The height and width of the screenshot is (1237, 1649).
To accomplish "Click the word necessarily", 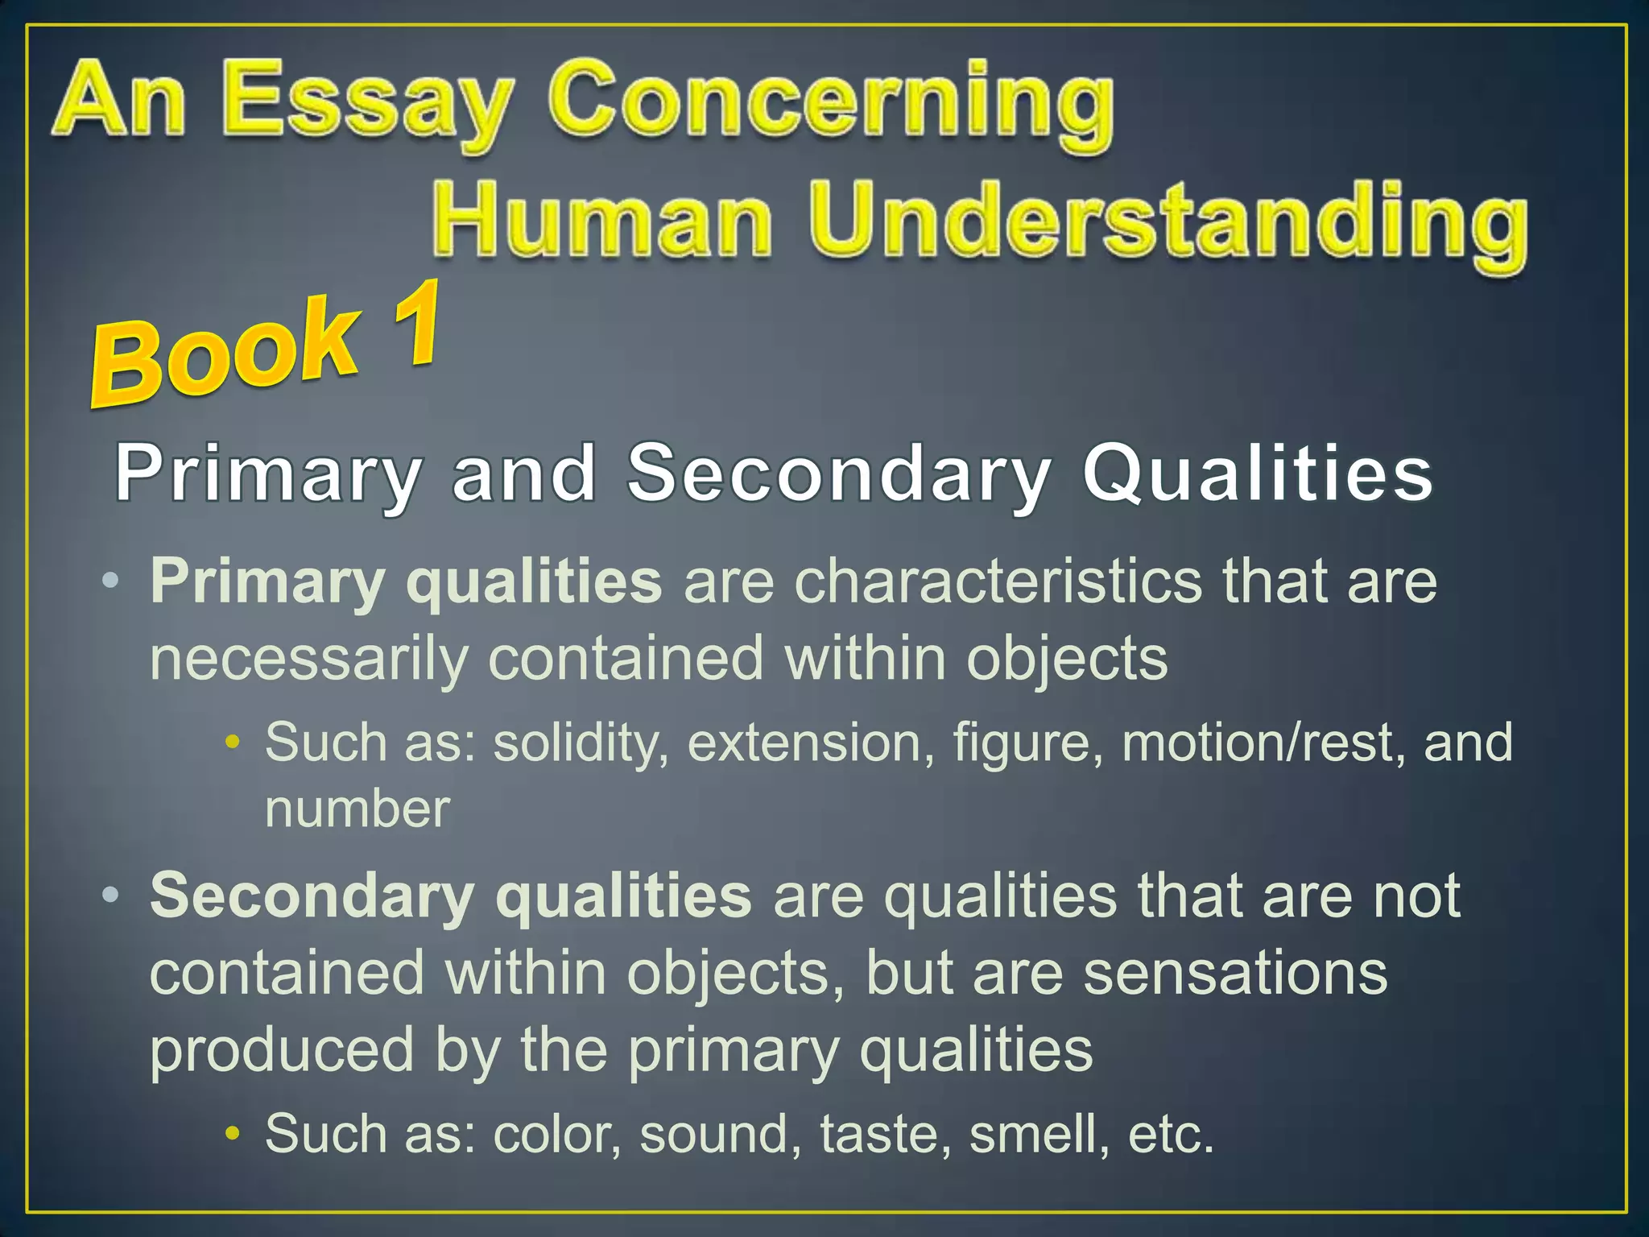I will (x=309, y=659).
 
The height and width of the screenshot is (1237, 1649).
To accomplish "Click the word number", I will (x=357, y=809).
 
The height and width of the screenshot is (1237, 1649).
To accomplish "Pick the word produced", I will (x=282, y=1050).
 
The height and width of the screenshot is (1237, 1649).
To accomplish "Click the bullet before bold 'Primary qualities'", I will (x=111, y=581).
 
